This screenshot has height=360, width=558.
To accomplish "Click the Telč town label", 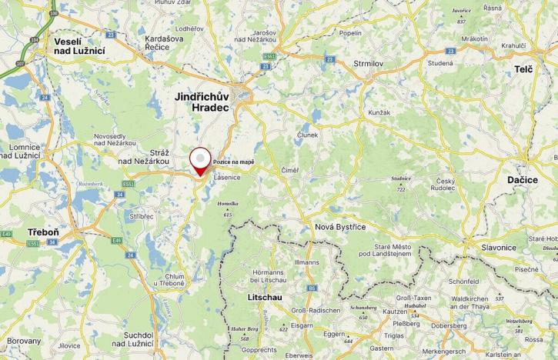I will [x=523, y=70].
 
